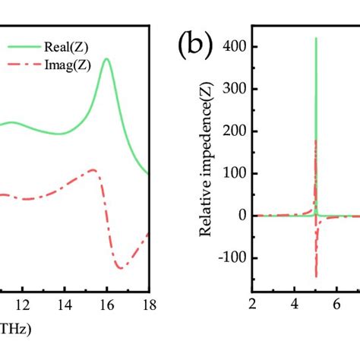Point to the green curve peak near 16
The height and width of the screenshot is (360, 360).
[x=107, y=59]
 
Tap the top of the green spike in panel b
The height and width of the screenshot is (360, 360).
[x=316, y=39]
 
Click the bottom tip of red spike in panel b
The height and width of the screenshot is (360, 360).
[x=316, y=276]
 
